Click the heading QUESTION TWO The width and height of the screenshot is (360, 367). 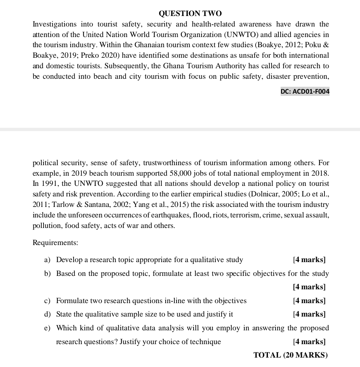(190, 14)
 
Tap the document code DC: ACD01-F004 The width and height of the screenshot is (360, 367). (305, 92)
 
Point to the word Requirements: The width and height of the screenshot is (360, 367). (55, 242)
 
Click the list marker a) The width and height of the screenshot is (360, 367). (47, 260)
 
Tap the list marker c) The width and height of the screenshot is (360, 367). (47, 301)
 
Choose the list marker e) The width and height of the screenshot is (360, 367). (47, 328)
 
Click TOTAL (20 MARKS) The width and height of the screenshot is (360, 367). (290, 355)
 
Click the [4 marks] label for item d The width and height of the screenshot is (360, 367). (309, 314)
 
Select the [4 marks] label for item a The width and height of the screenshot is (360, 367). (309, 260)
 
